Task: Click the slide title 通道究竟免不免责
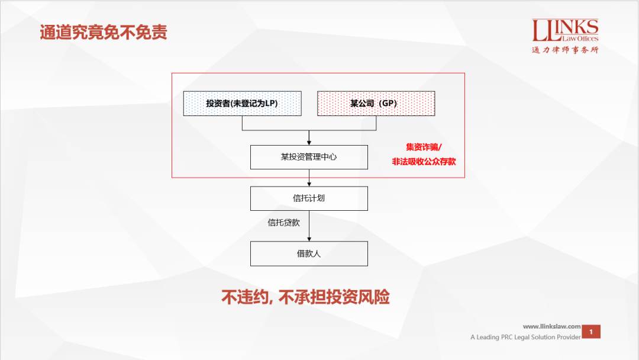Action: click(x=104, y=32)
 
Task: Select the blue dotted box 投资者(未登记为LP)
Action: click(x=241, y=104)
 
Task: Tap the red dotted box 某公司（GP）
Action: click(x=376, y=104)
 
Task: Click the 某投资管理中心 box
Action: click(x=309, y=157)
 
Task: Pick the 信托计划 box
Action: click(x=309, y=198)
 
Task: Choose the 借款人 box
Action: click(x=309, y=253)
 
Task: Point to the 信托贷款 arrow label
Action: click(x=284, y=223)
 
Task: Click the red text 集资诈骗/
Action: click(x=424, y=147)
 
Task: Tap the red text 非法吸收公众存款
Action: click(x=424, y=161)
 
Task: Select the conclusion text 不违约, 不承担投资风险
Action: click(x=305, y=297)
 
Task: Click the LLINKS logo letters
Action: click(x=565, y=27)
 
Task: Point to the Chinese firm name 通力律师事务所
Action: click(x=565, y=50)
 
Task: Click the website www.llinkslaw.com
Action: click(x=551, y=326)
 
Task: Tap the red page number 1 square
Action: click(x=591, y=332)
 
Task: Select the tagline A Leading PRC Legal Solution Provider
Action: click(x=525, y=337)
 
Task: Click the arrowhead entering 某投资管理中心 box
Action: click(x=309, y=143)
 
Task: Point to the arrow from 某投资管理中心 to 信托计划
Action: click(x=309, y=178)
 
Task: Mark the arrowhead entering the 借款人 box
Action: click(x=309, y=239)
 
